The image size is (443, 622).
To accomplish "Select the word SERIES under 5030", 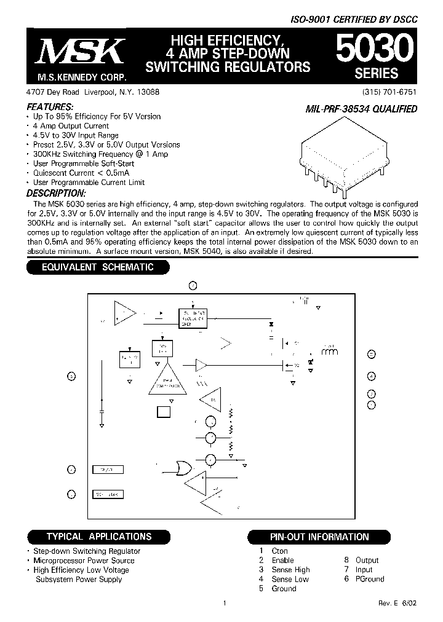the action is (377, 73).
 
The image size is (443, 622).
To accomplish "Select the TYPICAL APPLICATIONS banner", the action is (99, 537).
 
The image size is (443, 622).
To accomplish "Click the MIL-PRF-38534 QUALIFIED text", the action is (362, 109).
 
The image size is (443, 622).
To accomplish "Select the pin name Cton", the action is (279, 551).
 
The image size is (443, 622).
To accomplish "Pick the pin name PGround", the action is (369, 579).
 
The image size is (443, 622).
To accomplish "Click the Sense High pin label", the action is (290, 570).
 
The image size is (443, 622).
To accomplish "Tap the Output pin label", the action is (367, 560).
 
